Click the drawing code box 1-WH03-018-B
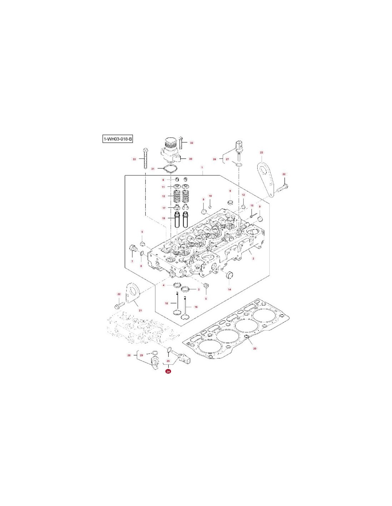pos(118,139)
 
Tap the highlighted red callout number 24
pos(168,371)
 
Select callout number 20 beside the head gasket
pos(254,348)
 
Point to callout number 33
pos(134,159)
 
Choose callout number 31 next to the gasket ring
pos(153,168)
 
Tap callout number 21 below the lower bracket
pos(140,310)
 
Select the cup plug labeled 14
pos(229,275)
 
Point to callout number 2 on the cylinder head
pos(253,258)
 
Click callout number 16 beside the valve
pos(196,307)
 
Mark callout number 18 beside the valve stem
pos(166,304)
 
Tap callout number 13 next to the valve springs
pos(164,196)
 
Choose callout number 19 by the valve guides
pos(164,218)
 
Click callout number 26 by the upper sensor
pos(215,159)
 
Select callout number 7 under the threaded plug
pos(132,261)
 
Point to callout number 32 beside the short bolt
pos(191,143)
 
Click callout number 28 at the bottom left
pos(129,355)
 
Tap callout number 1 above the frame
pos(202,167)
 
